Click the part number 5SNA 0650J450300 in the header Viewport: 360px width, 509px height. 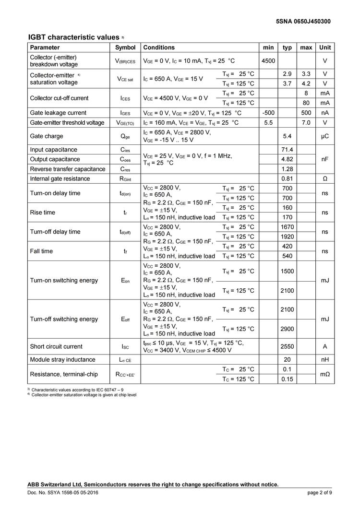tap(303, 21)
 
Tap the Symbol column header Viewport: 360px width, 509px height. tap(125, 47)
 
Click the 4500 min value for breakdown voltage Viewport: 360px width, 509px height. tap(268, 61)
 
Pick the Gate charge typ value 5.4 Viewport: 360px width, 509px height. tap(288, 136)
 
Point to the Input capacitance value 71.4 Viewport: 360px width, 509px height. tap(288, 150)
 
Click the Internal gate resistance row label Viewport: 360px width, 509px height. tap(60, 179)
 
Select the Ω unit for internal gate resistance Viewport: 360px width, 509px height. tap(325, 179)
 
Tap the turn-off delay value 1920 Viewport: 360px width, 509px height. tap(288, 237)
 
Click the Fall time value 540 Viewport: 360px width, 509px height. tap(288, 256)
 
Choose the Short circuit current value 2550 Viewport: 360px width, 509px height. tap(288, 346)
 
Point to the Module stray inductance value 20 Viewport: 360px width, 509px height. tap(288, 360)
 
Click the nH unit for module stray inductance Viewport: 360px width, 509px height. tap(325, 360)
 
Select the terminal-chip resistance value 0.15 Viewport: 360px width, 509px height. tap(288, 379)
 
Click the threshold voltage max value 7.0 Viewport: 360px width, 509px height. tap(306, 123)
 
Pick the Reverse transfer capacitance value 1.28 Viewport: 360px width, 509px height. tap(288, 169)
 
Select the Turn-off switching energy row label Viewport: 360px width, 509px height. tap(64, 319)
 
